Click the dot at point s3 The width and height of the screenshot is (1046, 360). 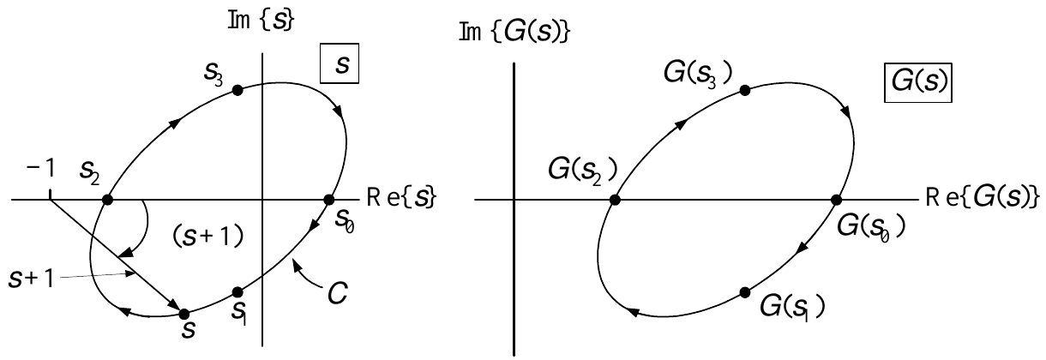coord(237,90)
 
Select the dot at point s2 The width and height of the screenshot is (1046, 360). coord(107,200)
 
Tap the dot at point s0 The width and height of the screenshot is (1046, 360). coord(328,200)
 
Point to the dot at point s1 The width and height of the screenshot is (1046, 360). coord(237,292)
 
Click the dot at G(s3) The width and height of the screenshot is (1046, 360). coord(745,90)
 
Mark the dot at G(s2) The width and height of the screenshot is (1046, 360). coord(615,200)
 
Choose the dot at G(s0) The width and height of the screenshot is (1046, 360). coord(836,200)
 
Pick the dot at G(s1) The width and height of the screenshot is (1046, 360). coord(745,292)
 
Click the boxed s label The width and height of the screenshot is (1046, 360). coord(340,63)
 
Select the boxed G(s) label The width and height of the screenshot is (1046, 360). coord(918,82)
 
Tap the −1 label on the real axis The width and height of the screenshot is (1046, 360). coord(40,168)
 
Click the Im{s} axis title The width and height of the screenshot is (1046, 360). coord(261,21)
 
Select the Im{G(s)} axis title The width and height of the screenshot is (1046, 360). coord(514,33)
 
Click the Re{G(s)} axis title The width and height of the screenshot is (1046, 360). coord(983,197)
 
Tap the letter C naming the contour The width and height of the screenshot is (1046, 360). coord(337,294)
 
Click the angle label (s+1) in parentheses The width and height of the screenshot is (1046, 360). coord(207,237)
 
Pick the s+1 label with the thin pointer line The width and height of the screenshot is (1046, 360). coord(31,279)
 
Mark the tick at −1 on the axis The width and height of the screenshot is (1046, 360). coord(50,195)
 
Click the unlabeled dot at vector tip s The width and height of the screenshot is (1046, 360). coord(184,314)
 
